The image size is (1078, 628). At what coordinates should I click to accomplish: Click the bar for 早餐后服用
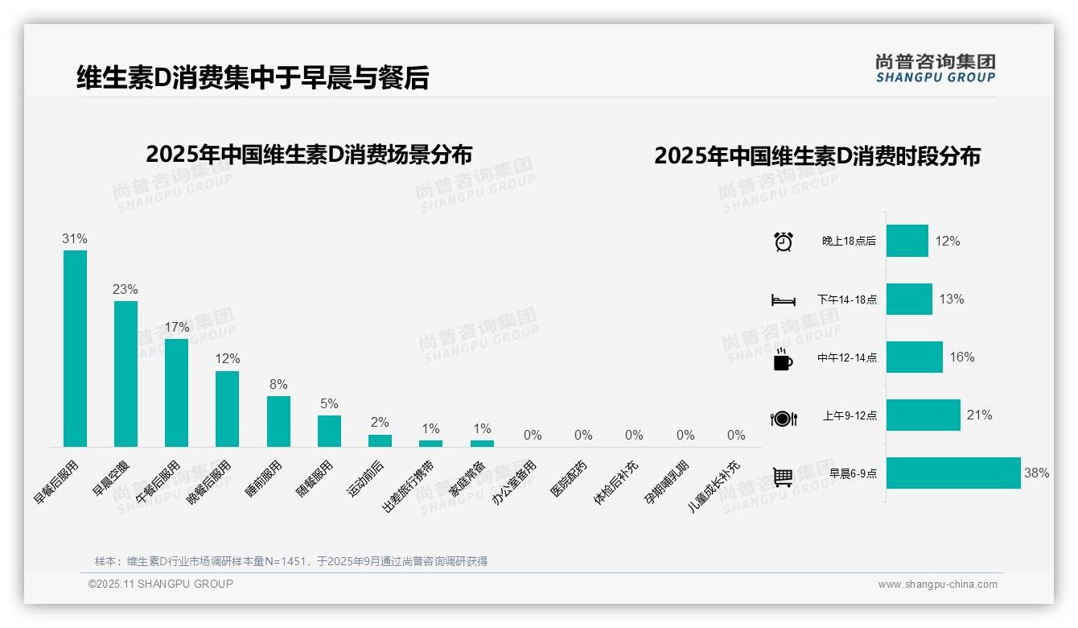tap(75, 348)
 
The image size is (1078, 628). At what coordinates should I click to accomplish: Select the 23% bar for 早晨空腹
tap(125, 374)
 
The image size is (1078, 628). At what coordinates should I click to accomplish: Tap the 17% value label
tap(177, 327)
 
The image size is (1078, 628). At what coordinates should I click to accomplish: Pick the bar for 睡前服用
tap(278, 421)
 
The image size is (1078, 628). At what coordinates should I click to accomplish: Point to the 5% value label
tap(329, 403)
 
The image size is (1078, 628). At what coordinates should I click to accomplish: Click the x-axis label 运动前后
tap(367, 477)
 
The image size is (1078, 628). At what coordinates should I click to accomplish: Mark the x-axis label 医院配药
tap(570, 477)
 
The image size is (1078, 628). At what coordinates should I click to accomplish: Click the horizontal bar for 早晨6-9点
tap(953, 473)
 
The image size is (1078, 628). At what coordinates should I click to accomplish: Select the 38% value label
tap(1036, 473)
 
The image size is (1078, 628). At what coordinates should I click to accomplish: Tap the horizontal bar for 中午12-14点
tap(915, 357)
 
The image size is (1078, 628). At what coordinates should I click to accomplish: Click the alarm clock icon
tap(784, 242)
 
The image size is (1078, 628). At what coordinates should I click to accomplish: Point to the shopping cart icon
tap(783, 477)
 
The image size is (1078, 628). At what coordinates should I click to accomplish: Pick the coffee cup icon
tap(783, 359)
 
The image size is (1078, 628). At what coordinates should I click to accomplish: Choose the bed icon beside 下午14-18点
tap(783, 300)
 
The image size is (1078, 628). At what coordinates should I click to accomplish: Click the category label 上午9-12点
tap(850, 416)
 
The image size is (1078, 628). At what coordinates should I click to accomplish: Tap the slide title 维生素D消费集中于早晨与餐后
tap(253, 77)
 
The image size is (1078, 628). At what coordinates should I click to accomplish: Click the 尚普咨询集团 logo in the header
tap(936, 68)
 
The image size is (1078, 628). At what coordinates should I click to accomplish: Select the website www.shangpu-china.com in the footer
tap(937, 585)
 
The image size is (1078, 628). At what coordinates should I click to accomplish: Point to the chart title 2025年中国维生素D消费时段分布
tap(817, 156)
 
